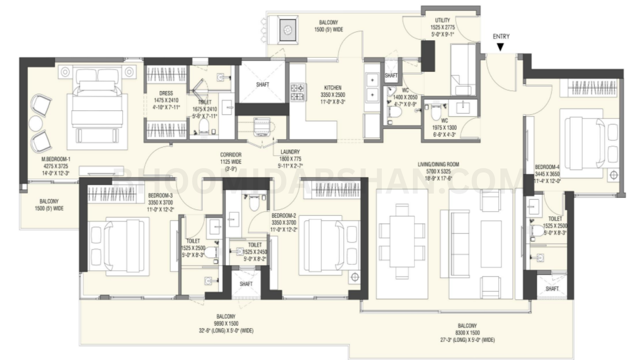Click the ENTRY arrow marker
coord(500,47)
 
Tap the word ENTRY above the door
coord(501,36)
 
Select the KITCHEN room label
coord(332,88)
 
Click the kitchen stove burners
coord(297,92)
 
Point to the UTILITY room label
coord(442,20)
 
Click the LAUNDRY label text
coord(290,152)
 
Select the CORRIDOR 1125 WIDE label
coord(231,158)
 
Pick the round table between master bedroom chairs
coord(36,124)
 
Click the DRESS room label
coord(166,93)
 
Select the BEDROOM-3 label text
coord(160,196)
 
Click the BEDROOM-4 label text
coord(547,167)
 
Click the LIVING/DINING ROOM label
coord(438,164)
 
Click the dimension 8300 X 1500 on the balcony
coord(467,333)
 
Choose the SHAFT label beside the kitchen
coord(263,84)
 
